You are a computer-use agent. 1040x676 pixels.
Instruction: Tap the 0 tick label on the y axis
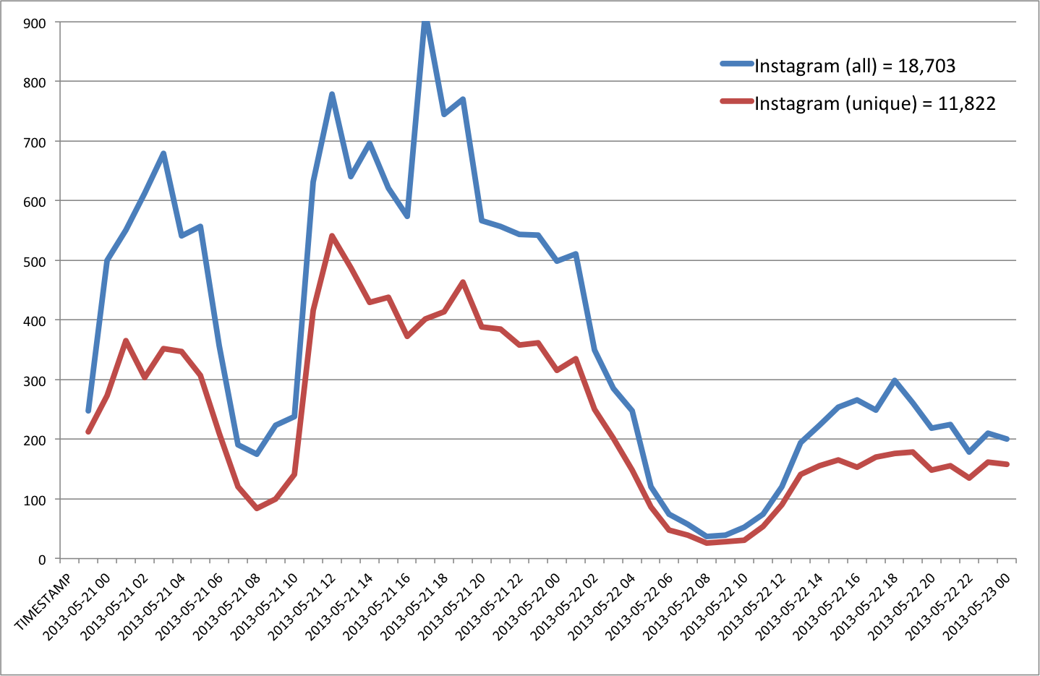click(42, 559)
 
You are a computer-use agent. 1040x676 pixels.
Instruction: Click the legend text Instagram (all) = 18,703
click(855, 66)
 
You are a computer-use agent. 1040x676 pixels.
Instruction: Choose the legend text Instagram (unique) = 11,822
click(875, 103)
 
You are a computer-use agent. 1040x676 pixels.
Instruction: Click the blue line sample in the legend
click(737, 64)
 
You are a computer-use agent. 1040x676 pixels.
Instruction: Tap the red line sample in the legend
click(737, 101)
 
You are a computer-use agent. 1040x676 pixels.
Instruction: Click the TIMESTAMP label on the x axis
click(44, 602)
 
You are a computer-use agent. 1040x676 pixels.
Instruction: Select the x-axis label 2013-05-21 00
click(77, 606)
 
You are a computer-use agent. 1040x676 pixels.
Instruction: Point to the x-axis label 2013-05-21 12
click(303, 606)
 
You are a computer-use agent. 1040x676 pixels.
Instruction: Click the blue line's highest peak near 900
click(426, 22)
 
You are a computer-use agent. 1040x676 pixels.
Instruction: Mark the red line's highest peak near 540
click(332, 236)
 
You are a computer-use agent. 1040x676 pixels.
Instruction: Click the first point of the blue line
click(88, 411)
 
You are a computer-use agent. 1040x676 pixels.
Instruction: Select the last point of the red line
click(1007, 464)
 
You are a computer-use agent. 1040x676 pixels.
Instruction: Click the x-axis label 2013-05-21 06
click(190, 606)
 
